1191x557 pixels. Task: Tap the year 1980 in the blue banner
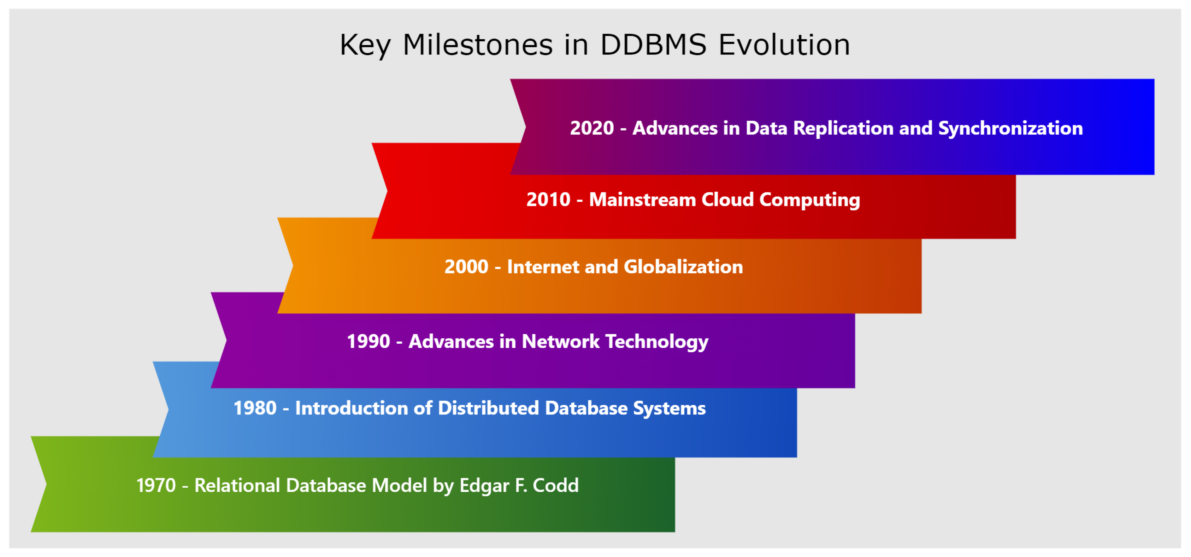(x=255, y=408)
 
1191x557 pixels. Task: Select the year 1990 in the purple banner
(x=368, y=341)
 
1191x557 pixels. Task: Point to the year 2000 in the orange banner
(x=466, y=267)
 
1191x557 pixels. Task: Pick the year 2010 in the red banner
(x=548, y=200)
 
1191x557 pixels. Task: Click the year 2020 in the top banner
(x=592, y=128)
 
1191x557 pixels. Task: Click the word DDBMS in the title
(x=653, y=45)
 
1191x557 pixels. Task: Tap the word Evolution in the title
(x=784, y=45)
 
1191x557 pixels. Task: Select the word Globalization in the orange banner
(x=683, y=267)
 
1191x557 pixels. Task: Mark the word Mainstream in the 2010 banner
(x=643, y=200)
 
